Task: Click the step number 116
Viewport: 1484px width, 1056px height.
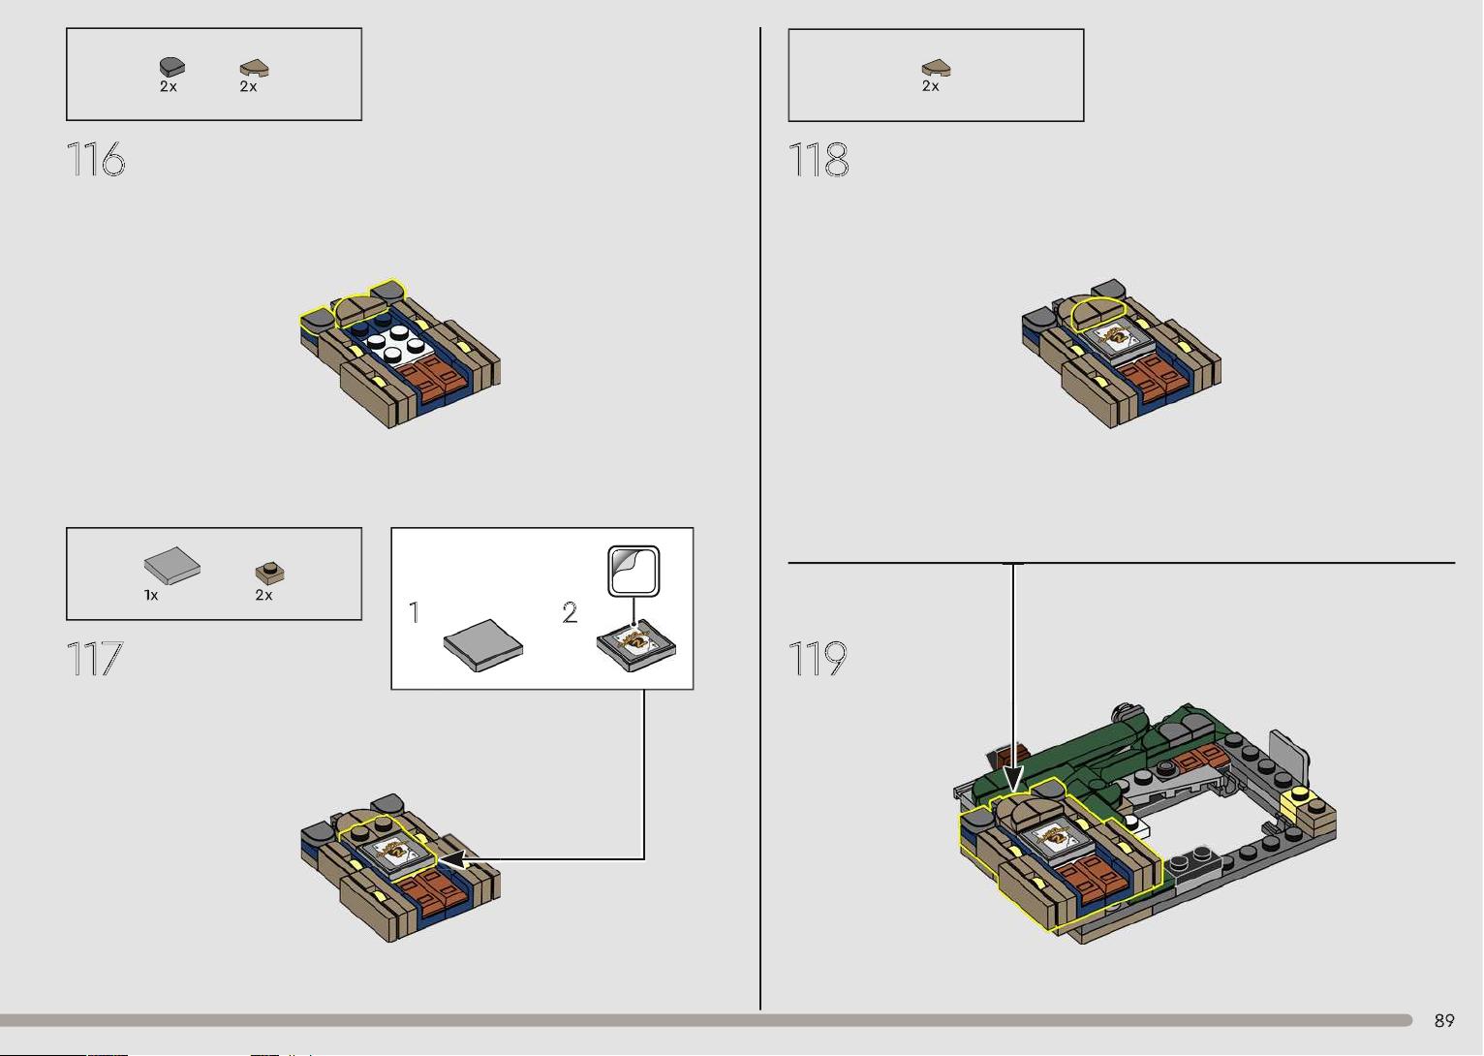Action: point(96,160)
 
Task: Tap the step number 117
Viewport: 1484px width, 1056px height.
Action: point(95,659)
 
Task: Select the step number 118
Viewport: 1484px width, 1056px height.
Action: point(819,160)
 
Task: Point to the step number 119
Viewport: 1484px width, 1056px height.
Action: point(818,659)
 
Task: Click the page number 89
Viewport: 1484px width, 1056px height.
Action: point(1444,1020)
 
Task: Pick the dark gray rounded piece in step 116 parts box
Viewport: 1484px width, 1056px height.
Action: point(172,67)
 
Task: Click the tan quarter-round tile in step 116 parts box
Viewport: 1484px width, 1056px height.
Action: point(254,68)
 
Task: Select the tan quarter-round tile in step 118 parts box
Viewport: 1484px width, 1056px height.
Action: point(936,68)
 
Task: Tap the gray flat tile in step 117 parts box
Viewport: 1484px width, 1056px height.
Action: point(172,566)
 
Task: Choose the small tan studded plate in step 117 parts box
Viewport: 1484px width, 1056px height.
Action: point(270,573)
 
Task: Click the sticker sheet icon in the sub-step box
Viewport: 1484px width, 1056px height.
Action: point(634,571)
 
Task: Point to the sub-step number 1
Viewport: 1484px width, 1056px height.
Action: point(414,612)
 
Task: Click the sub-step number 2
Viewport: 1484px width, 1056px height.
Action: point(570,613)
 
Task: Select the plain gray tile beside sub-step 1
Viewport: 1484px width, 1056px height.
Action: point(483,645)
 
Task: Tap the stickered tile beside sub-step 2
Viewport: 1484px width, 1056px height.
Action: point(636,646)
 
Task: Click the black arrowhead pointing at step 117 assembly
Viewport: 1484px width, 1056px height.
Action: point(453,859)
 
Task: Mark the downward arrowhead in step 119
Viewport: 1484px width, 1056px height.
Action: point(1013,779)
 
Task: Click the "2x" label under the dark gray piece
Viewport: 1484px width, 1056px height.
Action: point(169,87)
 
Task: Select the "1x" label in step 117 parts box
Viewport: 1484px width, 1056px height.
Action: point(151,596)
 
